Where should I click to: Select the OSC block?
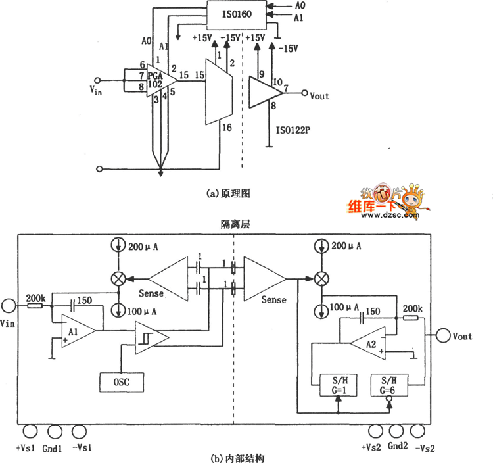(x=122, y=382)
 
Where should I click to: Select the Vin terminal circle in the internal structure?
(x=8, y=306)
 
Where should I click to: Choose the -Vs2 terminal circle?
(x=417, y=431)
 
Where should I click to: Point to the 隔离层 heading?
(x=235, y=224)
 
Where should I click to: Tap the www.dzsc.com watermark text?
(x=383, y=214)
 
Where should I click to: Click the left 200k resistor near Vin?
(x=35, y=306)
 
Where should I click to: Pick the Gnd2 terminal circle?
(x=396, y=431)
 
